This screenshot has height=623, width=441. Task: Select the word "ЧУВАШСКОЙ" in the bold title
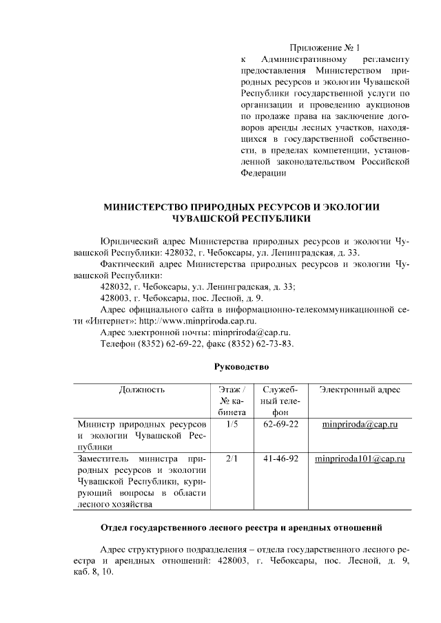214,218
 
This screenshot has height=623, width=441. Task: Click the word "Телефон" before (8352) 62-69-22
118,344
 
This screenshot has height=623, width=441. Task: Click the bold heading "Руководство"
241,367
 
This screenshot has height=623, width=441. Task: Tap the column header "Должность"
142,390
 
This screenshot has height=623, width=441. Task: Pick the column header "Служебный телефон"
280,401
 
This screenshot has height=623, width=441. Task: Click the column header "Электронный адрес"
360,390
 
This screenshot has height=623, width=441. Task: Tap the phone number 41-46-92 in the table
280,458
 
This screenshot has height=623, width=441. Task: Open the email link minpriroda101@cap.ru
359,458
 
